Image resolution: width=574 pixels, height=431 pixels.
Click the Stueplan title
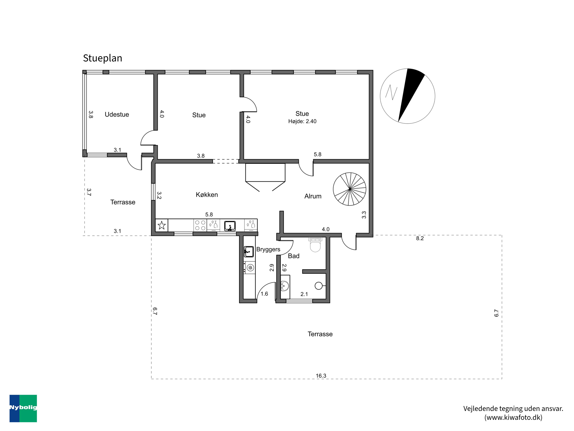pos(103,58)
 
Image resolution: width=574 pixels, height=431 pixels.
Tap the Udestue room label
pos(117,114)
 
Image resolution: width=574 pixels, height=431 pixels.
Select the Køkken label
pos(207,195)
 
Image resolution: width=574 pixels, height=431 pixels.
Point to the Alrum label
pos(313,196)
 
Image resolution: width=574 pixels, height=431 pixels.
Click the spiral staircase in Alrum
pos(350,189)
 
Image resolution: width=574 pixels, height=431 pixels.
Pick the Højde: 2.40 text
pos(302,121)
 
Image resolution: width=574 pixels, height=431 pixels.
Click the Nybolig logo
pos(23,408)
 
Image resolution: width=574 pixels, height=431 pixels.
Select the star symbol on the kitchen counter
pos(162,225)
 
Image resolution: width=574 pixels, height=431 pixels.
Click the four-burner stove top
pos(200,225)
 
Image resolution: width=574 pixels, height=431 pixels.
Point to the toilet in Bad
pos(315,244)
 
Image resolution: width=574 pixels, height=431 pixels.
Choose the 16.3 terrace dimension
pos(321,376)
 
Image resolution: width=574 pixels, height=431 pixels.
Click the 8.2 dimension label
pos(420,238)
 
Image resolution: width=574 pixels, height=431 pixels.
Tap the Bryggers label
pos(268,249)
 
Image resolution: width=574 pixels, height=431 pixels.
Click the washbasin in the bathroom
pos(285,286)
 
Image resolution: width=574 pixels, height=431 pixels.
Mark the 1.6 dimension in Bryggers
pos(264,294)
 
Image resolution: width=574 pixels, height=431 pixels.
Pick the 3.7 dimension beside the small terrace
pos(89,192)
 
